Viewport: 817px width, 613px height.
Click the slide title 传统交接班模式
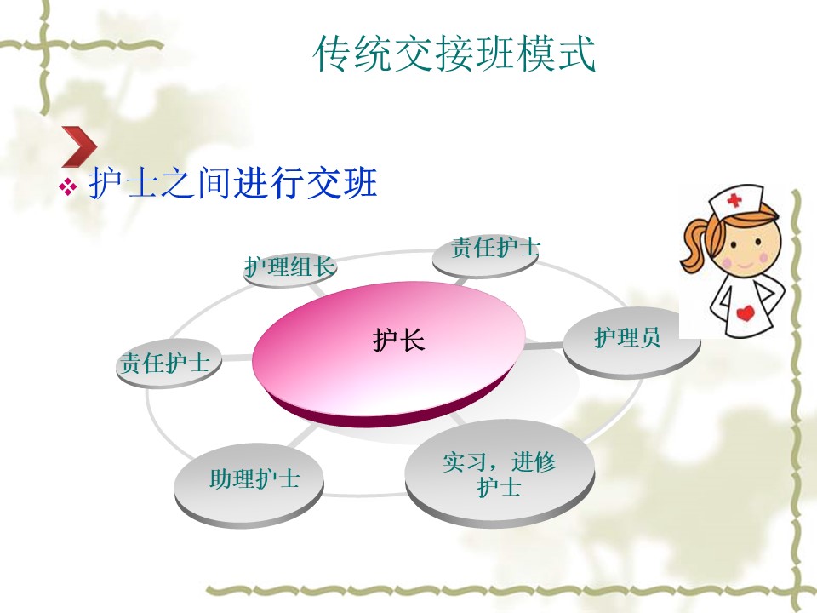tap(454, 53)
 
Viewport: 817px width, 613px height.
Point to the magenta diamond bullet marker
tap(68, 186)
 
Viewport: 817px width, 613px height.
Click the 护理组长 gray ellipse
tap(290, 268)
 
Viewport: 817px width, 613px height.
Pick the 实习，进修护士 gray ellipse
tap(500, 472)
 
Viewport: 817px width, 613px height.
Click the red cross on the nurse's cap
tap(734, 200)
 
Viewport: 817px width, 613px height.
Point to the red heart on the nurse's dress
tap(746, 312)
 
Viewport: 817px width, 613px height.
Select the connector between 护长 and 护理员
tap(544, 346)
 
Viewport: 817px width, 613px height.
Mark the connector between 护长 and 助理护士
tap(301, 436)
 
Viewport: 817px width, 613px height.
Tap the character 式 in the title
tap(577, 53)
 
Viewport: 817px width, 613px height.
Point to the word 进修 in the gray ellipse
tap(534, 461)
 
